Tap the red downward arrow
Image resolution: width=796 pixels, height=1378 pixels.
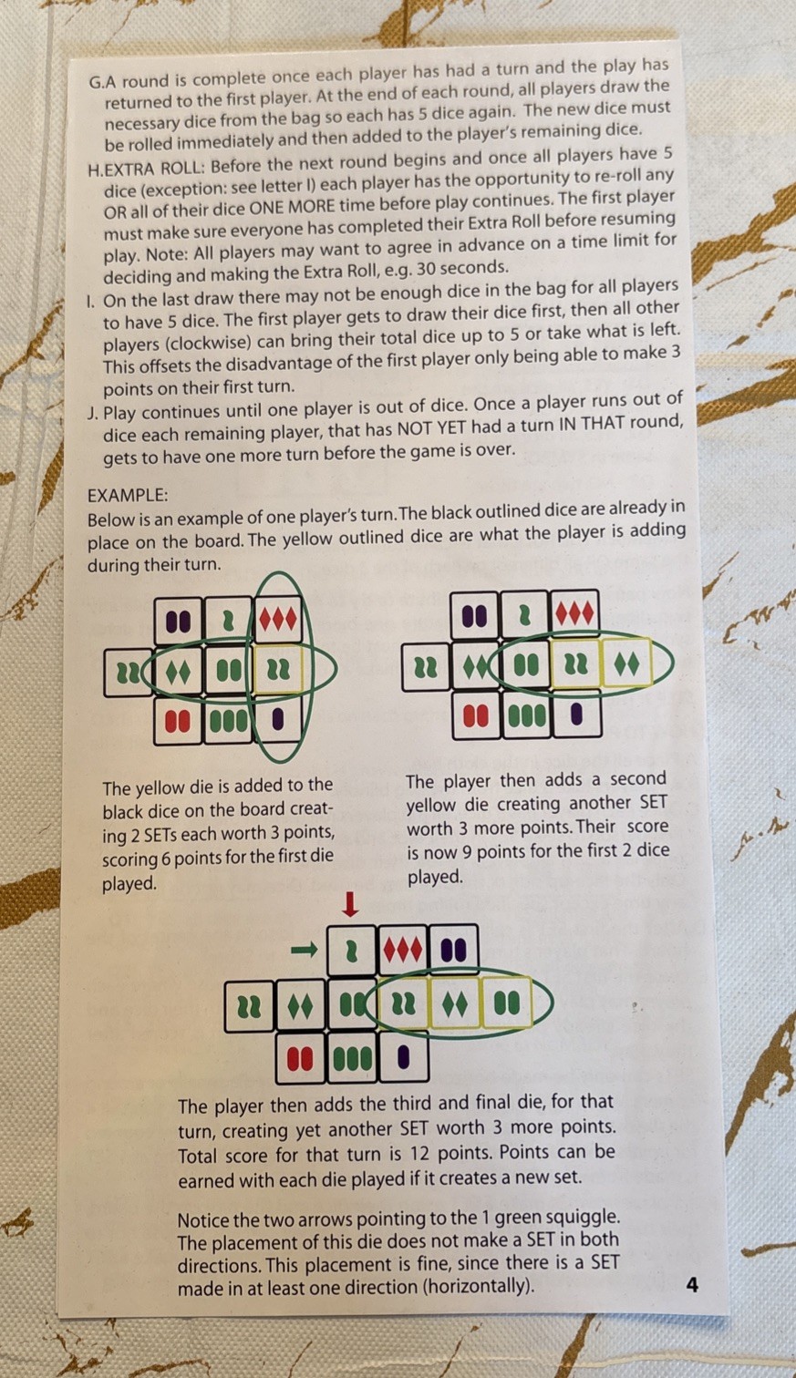(350, 905)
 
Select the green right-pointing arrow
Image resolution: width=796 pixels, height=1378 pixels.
(305, 950)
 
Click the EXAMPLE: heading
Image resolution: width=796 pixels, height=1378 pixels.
(128, 495)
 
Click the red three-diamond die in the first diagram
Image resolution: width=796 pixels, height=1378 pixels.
(279, 620)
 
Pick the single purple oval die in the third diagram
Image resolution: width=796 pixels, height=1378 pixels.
(404, 1057)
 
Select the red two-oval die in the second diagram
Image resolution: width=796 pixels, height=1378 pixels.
(476, 715)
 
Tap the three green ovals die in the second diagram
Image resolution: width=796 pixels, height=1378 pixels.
(527, 715)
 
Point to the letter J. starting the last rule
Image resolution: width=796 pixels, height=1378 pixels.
(93, 413)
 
